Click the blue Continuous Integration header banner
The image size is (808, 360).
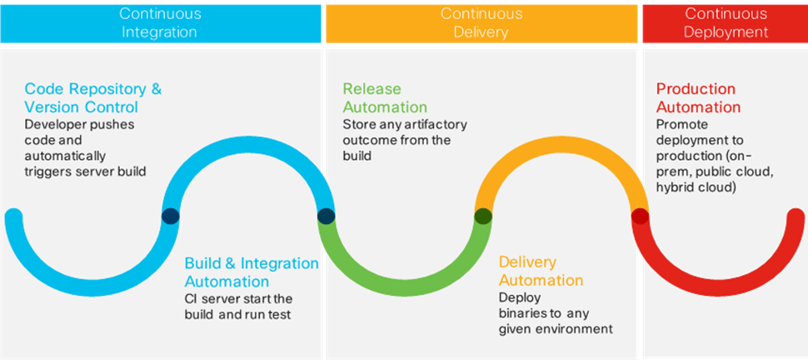coord(160,22)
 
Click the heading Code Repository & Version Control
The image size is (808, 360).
coord(92,97)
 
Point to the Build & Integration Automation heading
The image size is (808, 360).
coord(251,272)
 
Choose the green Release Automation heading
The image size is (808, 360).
coord(384,97)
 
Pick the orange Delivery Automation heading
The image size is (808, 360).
coord(540,272)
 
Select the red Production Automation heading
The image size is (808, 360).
coord(697,97)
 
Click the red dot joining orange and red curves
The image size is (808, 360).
coord(640,217)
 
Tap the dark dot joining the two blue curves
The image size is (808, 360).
coord(170,217)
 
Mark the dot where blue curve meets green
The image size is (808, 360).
coord(327,217)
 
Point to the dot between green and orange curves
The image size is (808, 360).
coord(483,217)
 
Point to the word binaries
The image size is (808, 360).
coord(526,313)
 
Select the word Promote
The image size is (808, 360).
coord(681,124)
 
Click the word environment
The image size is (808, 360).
coord(574,329)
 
